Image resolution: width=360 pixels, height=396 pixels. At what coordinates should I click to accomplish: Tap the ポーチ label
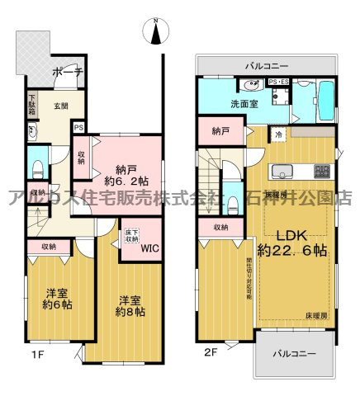tap(66, 72)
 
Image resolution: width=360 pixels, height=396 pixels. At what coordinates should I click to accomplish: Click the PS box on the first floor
tap(78, 127)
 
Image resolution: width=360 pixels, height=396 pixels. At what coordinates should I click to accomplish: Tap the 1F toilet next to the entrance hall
tap(37, 167)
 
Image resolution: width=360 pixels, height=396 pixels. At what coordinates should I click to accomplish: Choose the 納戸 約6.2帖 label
tap(121, 171)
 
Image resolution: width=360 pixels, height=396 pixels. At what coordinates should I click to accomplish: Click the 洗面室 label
tap(221, 104)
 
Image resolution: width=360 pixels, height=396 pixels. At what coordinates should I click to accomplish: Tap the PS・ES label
tap(278, 82)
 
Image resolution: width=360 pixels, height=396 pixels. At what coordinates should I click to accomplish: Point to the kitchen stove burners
tap(320, 171)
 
